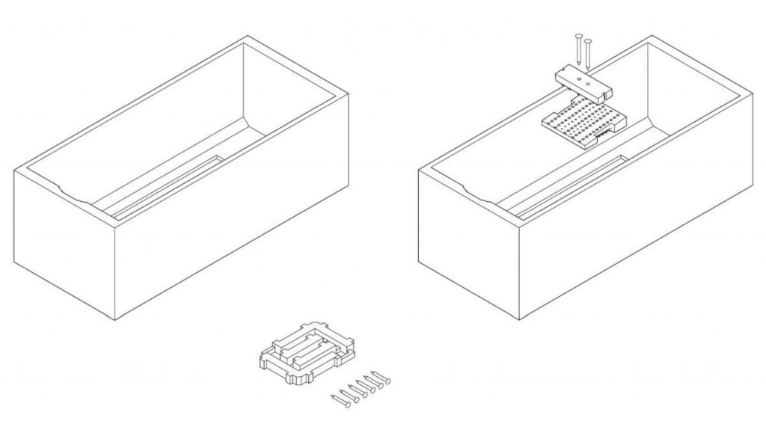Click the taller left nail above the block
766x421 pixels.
coord(578,51)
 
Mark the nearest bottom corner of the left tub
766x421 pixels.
coord(114,319)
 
